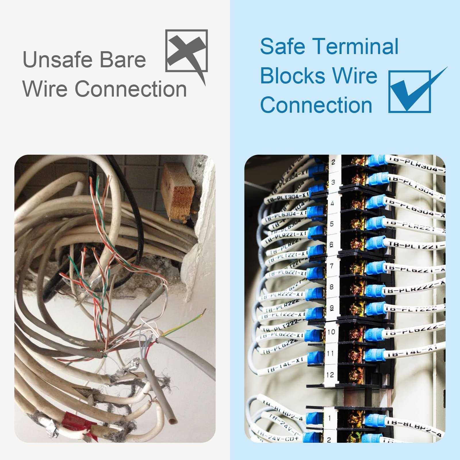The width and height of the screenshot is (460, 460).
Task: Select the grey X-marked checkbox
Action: (186, 51)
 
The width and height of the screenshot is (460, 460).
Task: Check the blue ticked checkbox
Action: (410, 91)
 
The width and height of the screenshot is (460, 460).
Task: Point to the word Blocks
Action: (293, 76)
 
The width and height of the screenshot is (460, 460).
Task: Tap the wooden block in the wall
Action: (178, 191)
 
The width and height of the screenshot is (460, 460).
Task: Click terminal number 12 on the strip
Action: (330, 374)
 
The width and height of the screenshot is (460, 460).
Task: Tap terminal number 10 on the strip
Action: (331, 332)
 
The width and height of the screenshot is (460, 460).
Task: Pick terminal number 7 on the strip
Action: (331, 266)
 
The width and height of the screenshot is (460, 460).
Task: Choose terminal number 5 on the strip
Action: (332, 224)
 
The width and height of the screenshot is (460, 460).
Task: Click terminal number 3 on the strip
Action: (333, 182)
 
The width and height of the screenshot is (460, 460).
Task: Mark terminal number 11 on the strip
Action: (331, 353)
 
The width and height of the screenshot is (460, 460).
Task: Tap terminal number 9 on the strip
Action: (331, 308)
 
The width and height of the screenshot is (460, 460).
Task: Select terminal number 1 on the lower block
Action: (329, 418)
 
